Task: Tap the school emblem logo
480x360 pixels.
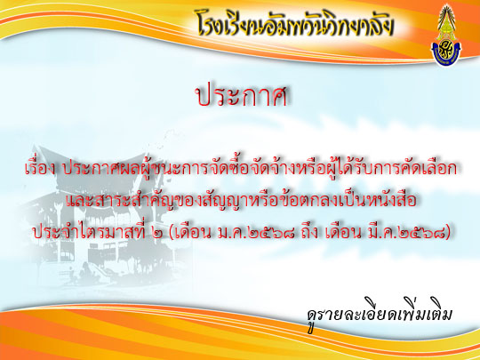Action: coord(446,36)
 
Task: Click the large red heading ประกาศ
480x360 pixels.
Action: coord(241,95)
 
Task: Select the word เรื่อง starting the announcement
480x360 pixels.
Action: coord(40,168)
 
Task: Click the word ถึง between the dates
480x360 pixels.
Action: coord(309,233)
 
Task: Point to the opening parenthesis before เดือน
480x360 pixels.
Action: coord(171,234)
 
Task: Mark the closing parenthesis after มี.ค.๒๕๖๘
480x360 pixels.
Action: coord(449,234)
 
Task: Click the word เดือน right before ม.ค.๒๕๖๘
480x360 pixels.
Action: coord(194,233)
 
